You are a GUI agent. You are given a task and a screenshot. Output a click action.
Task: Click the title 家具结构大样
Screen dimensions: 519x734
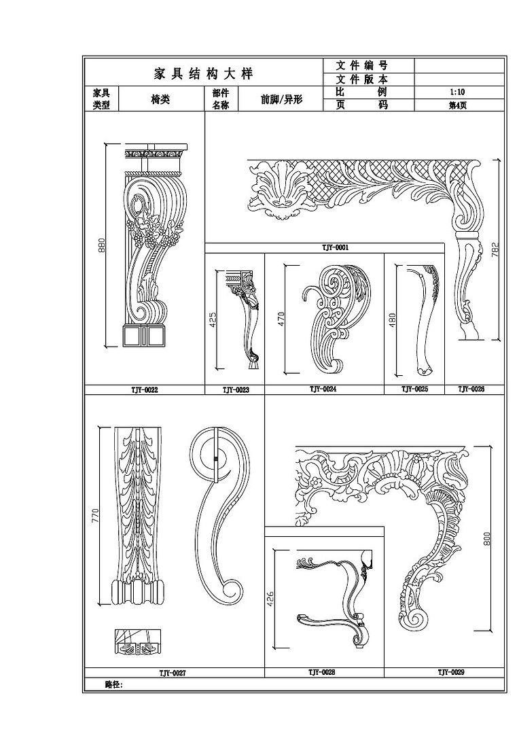pos(204,74)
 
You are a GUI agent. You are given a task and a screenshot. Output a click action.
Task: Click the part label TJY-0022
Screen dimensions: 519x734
pos(144,390)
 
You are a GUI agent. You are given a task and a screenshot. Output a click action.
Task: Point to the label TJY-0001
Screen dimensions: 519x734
pos(335,247)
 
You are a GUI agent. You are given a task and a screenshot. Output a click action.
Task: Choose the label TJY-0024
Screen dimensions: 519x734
pos(323,389)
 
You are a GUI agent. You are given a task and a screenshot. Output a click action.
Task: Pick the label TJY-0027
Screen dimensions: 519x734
pos(172,673)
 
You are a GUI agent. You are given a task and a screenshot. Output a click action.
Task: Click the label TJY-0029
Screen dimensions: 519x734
pos(450,672)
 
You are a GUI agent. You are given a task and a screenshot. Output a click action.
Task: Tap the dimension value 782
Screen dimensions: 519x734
pos(495,249)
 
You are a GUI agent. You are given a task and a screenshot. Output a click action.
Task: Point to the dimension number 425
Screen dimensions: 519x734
pos(213,319)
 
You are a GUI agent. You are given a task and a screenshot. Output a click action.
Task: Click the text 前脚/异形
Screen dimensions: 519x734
pos(281,99)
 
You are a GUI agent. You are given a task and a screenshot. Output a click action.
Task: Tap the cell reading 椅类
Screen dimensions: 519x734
pos(160,99)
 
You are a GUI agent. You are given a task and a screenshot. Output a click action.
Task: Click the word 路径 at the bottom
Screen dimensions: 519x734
pos(113,685)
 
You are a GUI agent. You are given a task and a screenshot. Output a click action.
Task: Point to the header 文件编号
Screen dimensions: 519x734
pos(362,65)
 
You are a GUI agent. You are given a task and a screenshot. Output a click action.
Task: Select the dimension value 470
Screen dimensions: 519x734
pos(281,319)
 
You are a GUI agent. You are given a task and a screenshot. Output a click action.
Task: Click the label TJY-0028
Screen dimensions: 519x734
pos(321,672)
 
